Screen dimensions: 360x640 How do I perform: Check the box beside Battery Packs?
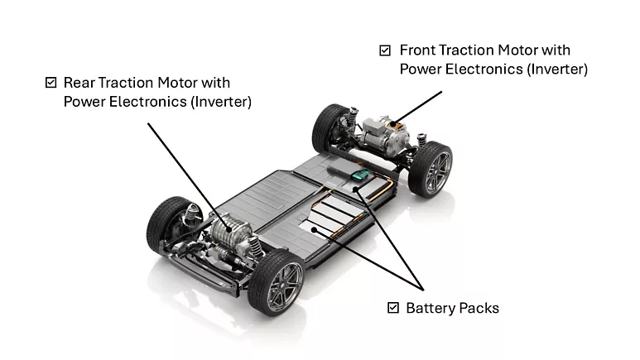tap(393, 308)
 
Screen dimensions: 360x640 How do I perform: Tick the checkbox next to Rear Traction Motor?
tap(51, 83)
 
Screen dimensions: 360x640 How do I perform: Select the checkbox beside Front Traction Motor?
tap(385, 50)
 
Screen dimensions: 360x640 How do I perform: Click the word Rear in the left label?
tap(79, 83)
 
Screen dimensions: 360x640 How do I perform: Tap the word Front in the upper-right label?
tap(418, 50)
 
